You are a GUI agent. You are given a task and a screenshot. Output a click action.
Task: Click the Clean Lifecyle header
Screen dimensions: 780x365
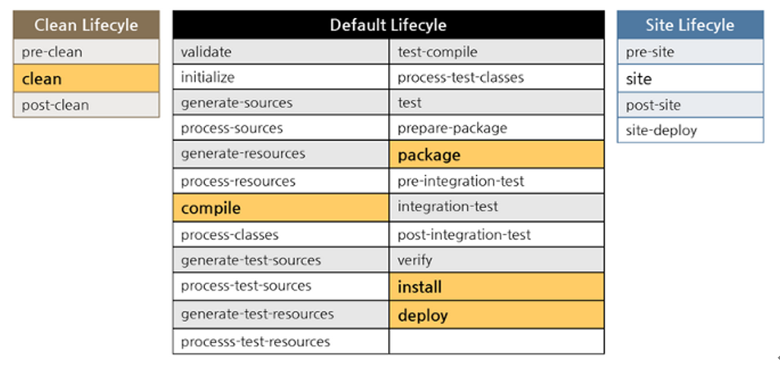pos(86,25)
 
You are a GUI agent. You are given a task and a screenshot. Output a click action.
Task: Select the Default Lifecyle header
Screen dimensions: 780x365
pos(389,25)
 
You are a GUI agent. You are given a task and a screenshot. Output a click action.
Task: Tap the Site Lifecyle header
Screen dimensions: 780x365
pos(690,25)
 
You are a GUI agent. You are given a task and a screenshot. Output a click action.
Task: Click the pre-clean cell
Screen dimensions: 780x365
pos(86,52)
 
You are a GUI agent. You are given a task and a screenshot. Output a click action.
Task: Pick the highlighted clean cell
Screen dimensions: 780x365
pos(86,79)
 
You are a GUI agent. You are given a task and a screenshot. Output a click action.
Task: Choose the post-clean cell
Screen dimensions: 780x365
pos(86,105)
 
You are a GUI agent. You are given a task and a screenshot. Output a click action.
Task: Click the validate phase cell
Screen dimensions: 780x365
pos(280,52)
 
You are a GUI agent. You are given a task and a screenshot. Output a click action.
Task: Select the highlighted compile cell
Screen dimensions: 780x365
pos(280,207)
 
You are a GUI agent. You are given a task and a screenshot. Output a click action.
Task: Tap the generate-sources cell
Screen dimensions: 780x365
pos(280,103)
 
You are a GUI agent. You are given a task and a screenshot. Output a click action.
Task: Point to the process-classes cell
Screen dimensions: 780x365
pos(280,234)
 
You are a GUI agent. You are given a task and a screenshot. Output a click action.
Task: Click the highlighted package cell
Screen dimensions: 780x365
pos(497,155)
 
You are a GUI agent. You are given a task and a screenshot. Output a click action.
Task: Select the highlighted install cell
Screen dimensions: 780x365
pos(497,287)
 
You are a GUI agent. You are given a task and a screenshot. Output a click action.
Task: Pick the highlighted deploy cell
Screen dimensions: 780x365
pos(497,315)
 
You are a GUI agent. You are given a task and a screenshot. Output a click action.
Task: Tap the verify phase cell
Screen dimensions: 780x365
pos(497,260)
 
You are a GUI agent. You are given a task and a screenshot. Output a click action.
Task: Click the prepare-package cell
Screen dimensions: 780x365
pos(497,128)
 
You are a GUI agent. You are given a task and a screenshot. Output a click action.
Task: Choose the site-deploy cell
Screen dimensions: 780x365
pos(690,131)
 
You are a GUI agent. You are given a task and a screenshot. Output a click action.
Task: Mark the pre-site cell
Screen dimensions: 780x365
pos(690,52)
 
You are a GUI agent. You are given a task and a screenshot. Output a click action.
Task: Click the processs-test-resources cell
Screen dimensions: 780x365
pos(280,341)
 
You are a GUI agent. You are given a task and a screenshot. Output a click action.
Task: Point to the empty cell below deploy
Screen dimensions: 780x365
pos(497,341)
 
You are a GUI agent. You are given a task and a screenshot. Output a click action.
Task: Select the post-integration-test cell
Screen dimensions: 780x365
pos(497,234)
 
